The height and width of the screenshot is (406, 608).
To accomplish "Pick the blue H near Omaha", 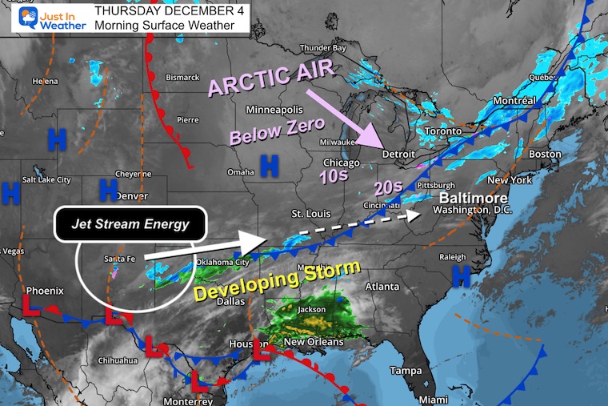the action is tap(270, 166).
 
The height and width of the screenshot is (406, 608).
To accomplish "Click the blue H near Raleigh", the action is tap(461, 275).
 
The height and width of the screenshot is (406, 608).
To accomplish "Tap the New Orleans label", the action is tap(314, 342).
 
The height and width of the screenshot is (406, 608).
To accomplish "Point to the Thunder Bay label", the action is tap(322, 48).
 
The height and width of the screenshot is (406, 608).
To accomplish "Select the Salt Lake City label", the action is tap(47, 179).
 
